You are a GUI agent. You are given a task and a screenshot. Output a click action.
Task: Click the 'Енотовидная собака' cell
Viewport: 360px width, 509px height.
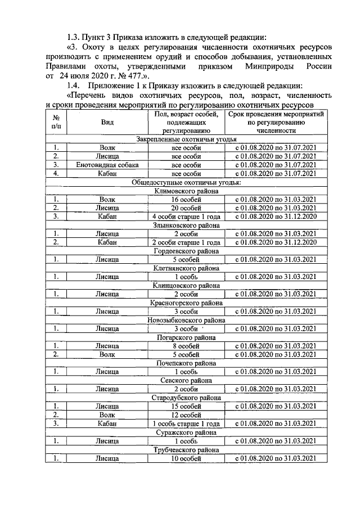pyautogui.click(x=107, y=165)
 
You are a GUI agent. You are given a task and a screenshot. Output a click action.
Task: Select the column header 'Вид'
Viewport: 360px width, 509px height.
pyautogui.click(x=107, y=122)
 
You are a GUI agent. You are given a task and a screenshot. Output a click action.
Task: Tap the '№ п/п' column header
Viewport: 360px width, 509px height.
pyautogui.click(x=56, y=122)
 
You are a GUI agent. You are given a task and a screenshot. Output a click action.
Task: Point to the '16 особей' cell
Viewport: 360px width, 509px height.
pyautogui.click(x=186, y=200)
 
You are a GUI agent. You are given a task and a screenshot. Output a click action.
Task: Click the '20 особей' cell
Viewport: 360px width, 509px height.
pyautogui.click(x=186, y=208)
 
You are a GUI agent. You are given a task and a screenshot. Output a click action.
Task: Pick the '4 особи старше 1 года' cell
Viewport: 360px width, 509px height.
pyautogui.click(x=186, y=217)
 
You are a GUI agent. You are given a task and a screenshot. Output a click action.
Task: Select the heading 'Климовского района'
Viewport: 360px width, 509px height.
pyautogui.click(x=186, y=191)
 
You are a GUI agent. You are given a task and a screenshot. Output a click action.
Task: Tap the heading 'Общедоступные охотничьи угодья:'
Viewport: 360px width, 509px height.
pyautogui.click(x=186, y=182)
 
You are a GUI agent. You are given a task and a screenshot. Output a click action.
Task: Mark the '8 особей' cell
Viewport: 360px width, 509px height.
pyautogui.click(x=186, y=346)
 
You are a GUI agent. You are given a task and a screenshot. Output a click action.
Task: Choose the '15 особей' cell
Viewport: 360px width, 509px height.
pyautogui.click(x=186, y=406)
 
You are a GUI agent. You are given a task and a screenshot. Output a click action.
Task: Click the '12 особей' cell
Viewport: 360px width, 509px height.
pyautogui.click(x=186, y=415)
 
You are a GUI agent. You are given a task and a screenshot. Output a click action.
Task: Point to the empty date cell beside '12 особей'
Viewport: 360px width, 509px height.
pyautogui.click(x=275, y=415)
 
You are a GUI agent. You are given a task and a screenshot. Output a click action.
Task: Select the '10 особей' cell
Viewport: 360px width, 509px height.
pyautogui.click(x=186, y=458)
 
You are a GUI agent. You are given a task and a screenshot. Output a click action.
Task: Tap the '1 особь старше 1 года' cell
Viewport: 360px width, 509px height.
pyautogui.click(x=186, y=424)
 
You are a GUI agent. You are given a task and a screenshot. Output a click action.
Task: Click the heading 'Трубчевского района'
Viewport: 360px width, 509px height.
pyautogui.click(x=186, y=450)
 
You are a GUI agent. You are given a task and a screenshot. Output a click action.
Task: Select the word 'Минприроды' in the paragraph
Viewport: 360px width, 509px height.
pyautogui.click(x=267, y=66)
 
